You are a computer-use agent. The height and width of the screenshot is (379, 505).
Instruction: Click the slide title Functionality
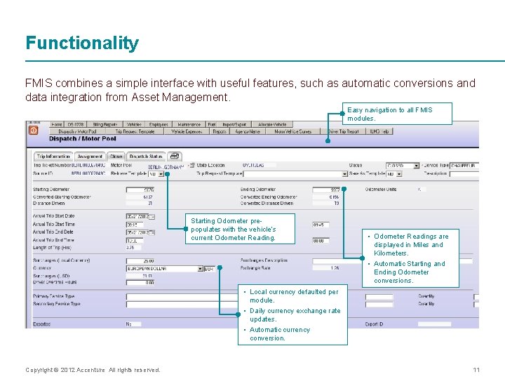pyautogui.click(x=82, y=44)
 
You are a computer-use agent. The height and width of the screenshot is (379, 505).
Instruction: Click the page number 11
pyautogui.click(x=476, y=370)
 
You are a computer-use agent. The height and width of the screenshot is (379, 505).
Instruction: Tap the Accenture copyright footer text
pyautogui.click(x=93, y=370)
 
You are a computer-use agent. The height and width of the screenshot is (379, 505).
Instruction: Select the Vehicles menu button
pyautogui.click(x=133, y=124)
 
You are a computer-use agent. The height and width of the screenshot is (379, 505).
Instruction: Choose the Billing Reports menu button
pyautogui.click(x=105, y=124)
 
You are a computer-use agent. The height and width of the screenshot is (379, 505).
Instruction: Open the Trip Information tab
pyautogui.click(x=53, y=157)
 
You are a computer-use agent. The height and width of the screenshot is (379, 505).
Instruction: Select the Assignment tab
pyautogui.click(x=90, y=157)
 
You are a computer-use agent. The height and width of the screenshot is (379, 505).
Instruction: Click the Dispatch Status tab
pyautogui.click(x=146, y=157)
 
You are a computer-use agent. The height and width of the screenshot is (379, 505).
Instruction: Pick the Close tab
pyautogui.click(x=116, y=157)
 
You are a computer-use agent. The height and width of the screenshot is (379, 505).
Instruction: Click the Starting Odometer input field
pyautogui.click(x=140, y=189)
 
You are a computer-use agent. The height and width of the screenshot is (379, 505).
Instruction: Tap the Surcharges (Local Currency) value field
pyautogui.click(x=140, y=260)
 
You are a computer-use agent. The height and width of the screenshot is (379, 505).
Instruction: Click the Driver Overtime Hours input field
pyautogui.click(x=140, y=282)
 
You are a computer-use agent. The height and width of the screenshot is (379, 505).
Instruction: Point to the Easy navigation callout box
pyautogui.click(x=399, y=114)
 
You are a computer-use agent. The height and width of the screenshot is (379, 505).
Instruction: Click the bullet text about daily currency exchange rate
pyautogui.click(x=295, y=314)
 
